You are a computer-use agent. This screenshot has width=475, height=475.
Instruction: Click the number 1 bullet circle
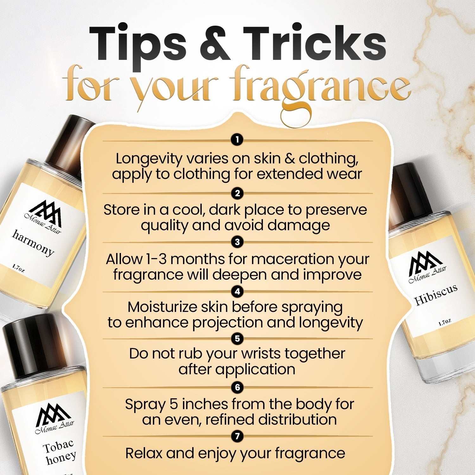click(x=237, y=139)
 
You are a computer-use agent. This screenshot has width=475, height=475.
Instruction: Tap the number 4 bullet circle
click(x=237, y=291)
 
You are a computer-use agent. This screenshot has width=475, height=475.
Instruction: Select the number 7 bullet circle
click(x=237, y=436)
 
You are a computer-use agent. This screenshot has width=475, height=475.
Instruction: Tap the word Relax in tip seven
click(x=143, y=453)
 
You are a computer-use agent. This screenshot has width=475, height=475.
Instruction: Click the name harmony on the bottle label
click(x=33, y=243)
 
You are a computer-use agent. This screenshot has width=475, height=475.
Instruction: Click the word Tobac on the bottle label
click(x=58, y=446)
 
